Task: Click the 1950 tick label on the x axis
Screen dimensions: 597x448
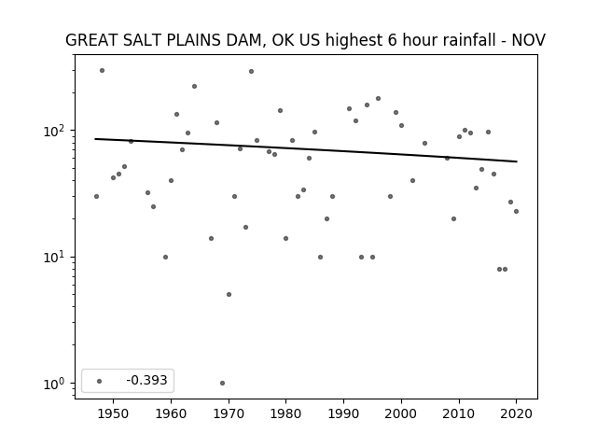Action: (x=113, y=413)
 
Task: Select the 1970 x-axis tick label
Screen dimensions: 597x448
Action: (x=229, y=413)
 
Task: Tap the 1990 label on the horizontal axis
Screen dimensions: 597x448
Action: (x=344, y=413)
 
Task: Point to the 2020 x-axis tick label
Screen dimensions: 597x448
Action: (x=516, y=413)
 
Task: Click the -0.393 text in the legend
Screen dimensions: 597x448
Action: (x=146, y=380)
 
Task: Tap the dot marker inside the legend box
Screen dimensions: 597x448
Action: (x=100, y=381)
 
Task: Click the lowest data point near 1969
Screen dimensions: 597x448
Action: (x=222, y=384)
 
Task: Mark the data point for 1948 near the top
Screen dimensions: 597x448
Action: (x=102, y=71)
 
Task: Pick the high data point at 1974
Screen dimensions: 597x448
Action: (x=251, y=71)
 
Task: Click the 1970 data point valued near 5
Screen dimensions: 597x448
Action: (x=229, y=295)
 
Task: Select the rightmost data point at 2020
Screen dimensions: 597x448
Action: (x=516, y=212)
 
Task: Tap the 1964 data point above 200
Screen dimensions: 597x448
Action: (x=194, y=87)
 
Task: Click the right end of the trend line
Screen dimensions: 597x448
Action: (x=517, y=161)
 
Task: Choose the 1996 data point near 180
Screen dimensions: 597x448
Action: (x=378, y=98)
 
